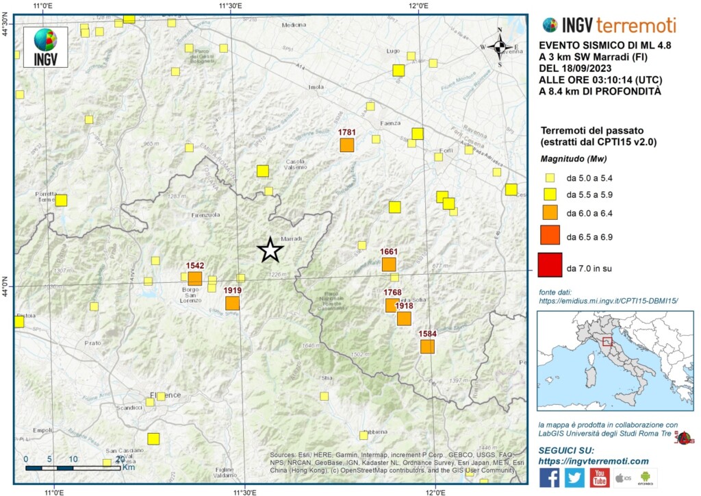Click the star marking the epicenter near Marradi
tap(270, 250)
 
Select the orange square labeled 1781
tap(347, 145)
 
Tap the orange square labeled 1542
tap(195, 278)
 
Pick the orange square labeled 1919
tap(233, 303)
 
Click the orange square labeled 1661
tap(389, 264)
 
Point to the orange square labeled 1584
tap(427, 347)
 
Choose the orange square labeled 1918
tap(404, 319)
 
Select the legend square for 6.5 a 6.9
tap(550, 235)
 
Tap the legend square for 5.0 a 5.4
tap(550, 177)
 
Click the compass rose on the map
tap(499, 47)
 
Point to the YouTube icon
tap(600, 478)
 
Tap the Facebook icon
tap(549, 478)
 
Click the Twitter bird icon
tap(574, 478)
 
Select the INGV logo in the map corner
tap(45, 47)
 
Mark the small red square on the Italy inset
tap(606, 342)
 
